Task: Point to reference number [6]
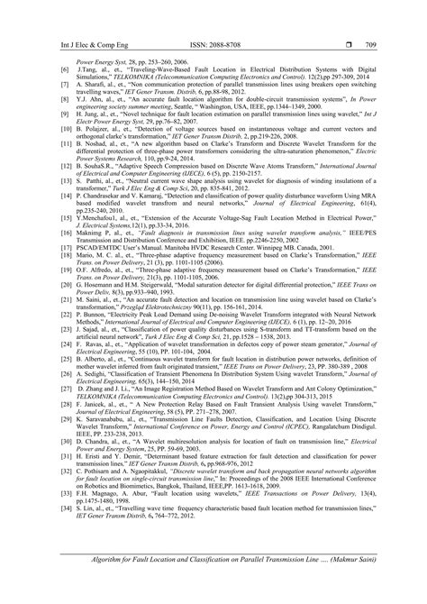pyautogui.click(x=64, y=68)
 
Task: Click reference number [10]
pyautogui.click(x=66, y=117)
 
